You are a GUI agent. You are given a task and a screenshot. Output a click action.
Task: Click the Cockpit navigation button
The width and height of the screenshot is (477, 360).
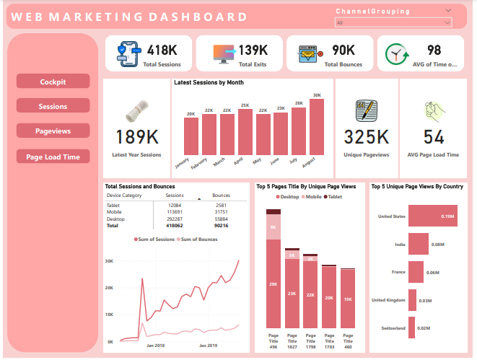(x=53, y=82)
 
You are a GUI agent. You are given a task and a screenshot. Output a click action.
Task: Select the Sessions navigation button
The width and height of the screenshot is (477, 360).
(x=53, y=106)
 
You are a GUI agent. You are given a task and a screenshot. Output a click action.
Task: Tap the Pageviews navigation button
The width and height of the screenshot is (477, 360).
(x=53, y=131)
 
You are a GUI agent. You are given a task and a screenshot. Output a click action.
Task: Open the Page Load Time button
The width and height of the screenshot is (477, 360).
(x=53, y=156)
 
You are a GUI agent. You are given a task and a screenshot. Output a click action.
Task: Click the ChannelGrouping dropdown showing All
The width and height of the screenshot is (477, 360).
(x=393, y=23)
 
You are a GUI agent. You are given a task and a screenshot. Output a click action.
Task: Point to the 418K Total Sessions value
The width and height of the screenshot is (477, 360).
(x=162, y=50)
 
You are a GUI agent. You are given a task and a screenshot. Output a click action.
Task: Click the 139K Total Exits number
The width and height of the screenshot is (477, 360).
(x=253, y=50)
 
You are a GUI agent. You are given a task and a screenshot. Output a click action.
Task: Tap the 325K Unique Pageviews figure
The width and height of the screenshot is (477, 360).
(x=367, y=137)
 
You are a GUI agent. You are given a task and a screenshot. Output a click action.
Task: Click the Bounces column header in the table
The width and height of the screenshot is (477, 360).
(x=221, y=195)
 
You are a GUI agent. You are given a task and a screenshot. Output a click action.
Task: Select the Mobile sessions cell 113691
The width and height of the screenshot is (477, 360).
(x=175, y=211)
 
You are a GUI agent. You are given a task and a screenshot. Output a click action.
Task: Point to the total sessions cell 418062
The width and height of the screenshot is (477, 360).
(x=175, y=224)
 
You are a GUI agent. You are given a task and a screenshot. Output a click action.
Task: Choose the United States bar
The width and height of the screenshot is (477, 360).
(x=430, y=215)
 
